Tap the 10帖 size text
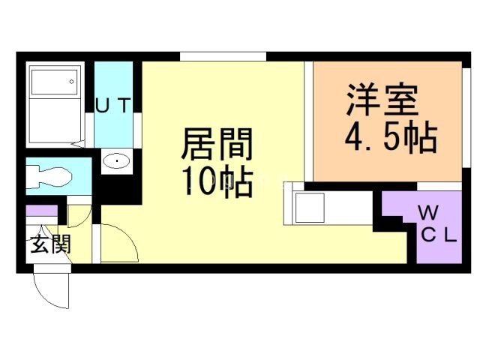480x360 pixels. click(x=217, y=181)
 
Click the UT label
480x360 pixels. click(x=114, y=106)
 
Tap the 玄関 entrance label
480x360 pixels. click(x=50, y=244)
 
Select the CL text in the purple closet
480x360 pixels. click(x=437, y=237)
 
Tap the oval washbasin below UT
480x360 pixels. click(x=116, y=160)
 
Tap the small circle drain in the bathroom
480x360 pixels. click(x=73, y=80)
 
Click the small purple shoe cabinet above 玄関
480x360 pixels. click(x=41, y=211)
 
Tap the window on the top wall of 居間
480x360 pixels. click(x=223, y=56)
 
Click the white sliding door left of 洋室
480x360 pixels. click(x=307, y=120)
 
